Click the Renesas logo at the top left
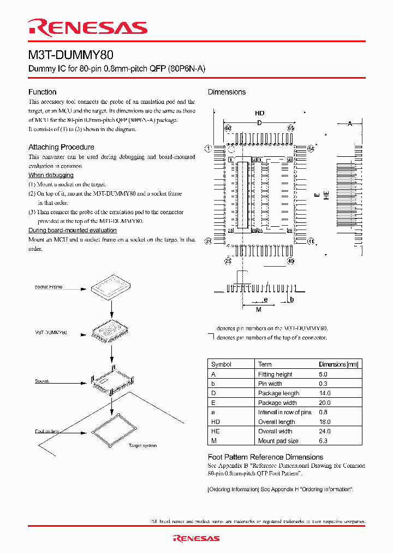pos(88,27)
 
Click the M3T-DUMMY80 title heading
pos(71,55)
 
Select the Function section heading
pos(42,92)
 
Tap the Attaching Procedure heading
pos(61,147)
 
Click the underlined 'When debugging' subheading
pos(51,175)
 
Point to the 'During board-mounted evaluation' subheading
pos(68,230)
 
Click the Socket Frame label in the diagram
pos(49,287)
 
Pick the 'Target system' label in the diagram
pos(142,446)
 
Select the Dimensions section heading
pos(227,92)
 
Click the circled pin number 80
pos(228,128)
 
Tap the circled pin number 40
pos(290,261)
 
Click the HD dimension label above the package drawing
pos(259,113)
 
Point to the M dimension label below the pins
pos(259,310)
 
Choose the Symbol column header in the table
pos(221,364)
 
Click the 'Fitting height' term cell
pos(275,374)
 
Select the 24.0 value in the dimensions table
pos(324,431)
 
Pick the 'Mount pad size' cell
pos(278,440)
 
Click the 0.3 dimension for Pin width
pos(323,384)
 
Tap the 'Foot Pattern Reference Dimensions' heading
pos(265,457)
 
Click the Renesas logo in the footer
pos(196,538)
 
